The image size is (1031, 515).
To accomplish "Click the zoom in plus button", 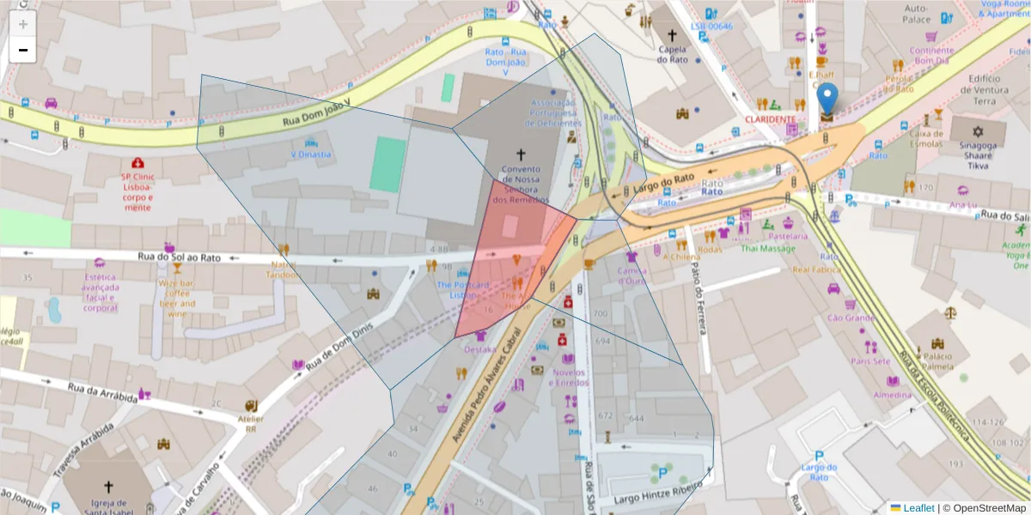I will pos(22,23).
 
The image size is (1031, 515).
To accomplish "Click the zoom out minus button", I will pos(22,50).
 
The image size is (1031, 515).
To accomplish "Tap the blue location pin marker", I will pos(827,101).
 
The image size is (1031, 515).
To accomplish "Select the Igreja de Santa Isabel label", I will pos(108,504).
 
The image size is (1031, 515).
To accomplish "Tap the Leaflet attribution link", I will pos(918,508).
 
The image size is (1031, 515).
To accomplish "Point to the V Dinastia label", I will pos(310,154).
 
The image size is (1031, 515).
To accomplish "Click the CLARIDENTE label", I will pos(770,118).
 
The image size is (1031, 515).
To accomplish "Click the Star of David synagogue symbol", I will pos(977,131).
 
